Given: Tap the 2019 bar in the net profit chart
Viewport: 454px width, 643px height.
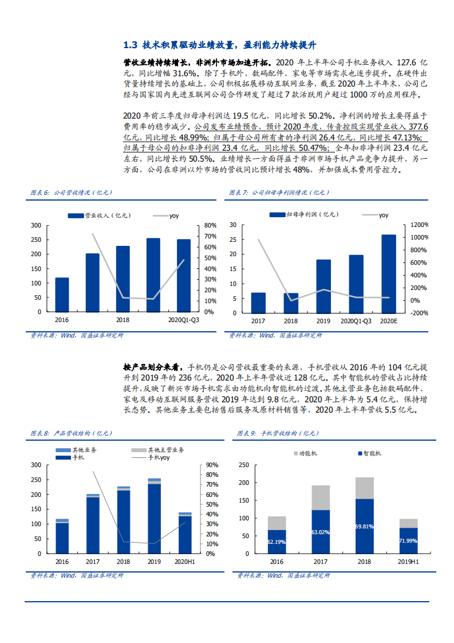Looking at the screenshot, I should point(323,287).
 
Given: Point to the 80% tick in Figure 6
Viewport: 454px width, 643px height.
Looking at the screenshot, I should point(210,225).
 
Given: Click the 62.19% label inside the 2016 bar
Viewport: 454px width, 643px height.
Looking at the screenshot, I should point(277,541).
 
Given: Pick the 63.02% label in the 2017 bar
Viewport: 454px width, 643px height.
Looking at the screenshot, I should point(321,532).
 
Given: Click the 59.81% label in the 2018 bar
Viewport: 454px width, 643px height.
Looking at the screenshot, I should point(364,526).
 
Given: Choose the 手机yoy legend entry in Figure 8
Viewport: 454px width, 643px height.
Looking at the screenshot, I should point(158,457).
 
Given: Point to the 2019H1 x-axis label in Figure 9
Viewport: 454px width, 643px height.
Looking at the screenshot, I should point(408,563).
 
